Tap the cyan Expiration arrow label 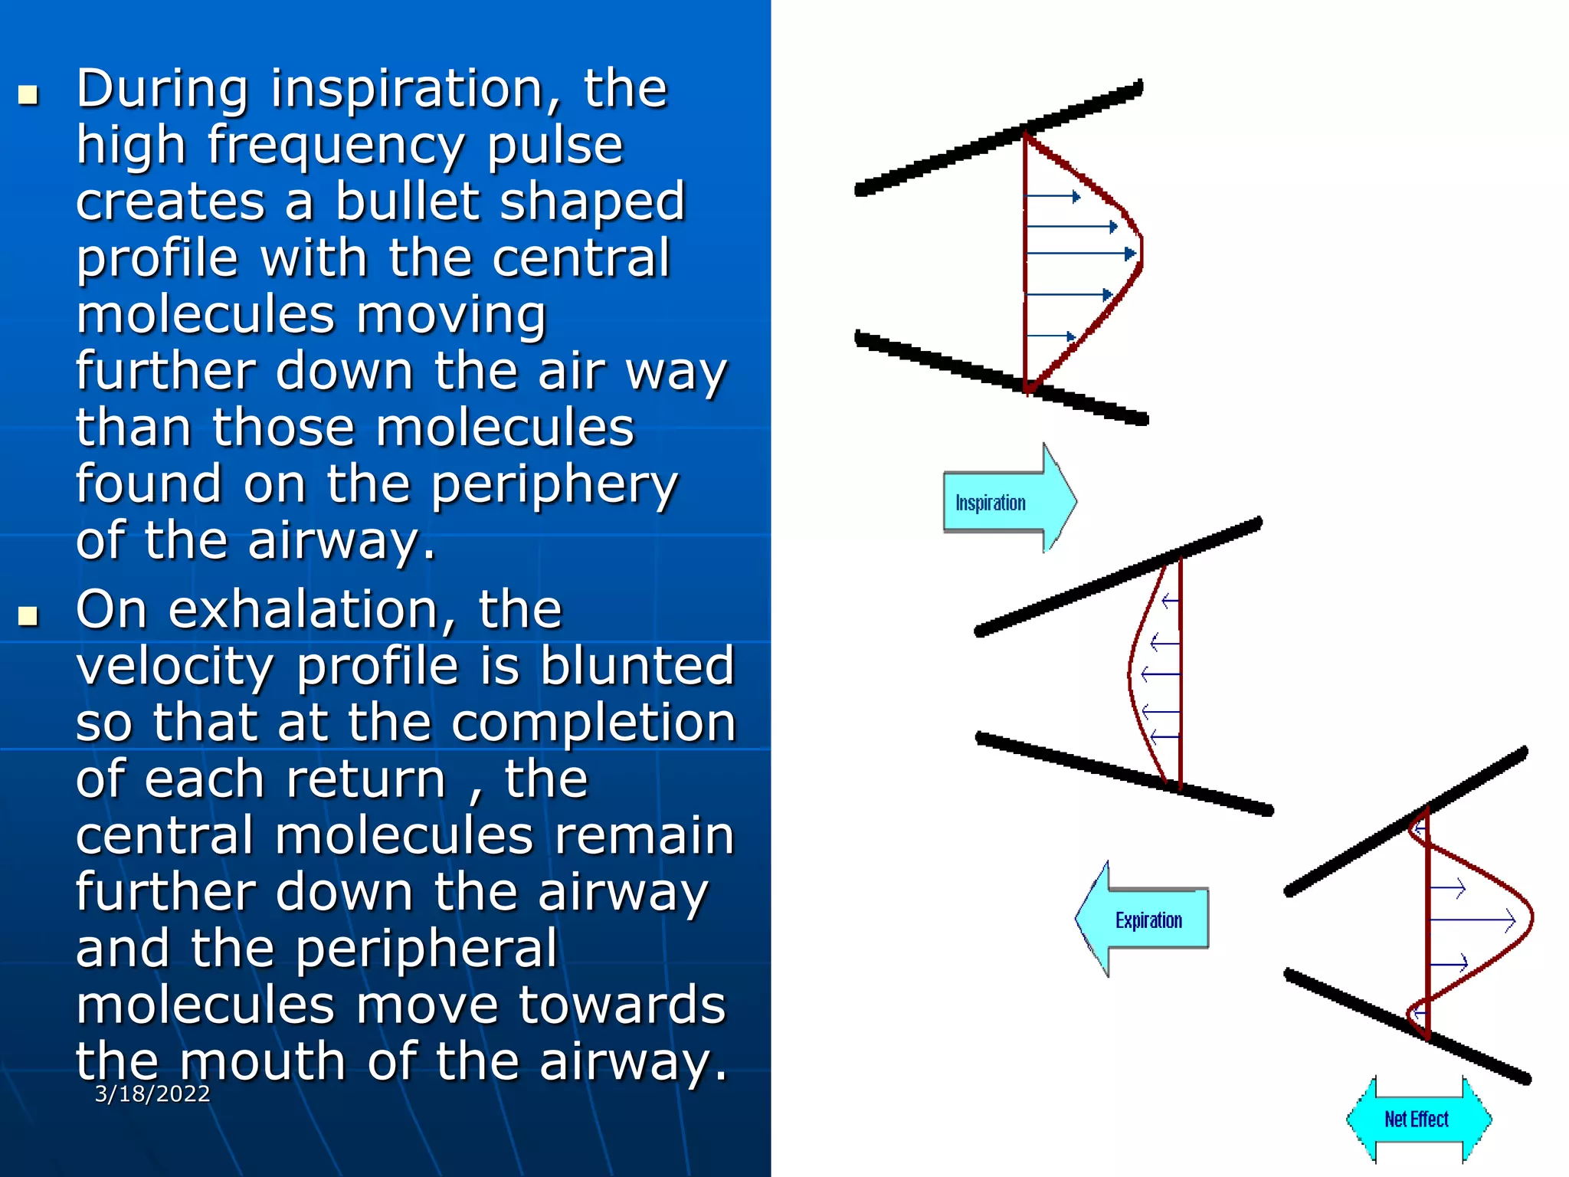pyautogui.click(x=1147, y=920)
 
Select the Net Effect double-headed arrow pyautogui.click(x=1418, y=1120)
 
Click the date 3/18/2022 pyautogui.click(x=152, y=1093)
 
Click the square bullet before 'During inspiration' pyautogui.click(x=28, y=95)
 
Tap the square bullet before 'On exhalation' pyautogui.click(x=28, y=616)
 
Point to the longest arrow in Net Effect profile pyautogui.click(x=1471, y=920)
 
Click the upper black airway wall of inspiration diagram pyautogui.click(x=996, y=138)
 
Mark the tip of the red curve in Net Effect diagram pyautogui.click(x=1531, y=916)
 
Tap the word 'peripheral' pyautogui.click(x=426, y=949)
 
